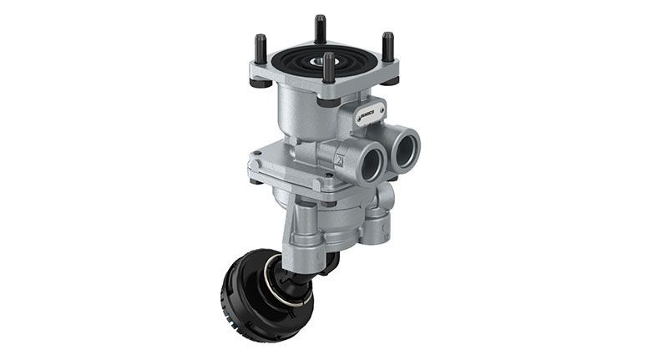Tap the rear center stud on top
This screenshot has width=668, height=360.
[x=320, y=30]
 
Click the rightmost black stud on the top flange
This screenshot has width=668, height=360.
[x=387, y=47]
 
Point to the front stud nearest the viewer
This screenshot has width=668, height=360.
[x=328, y=68]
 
